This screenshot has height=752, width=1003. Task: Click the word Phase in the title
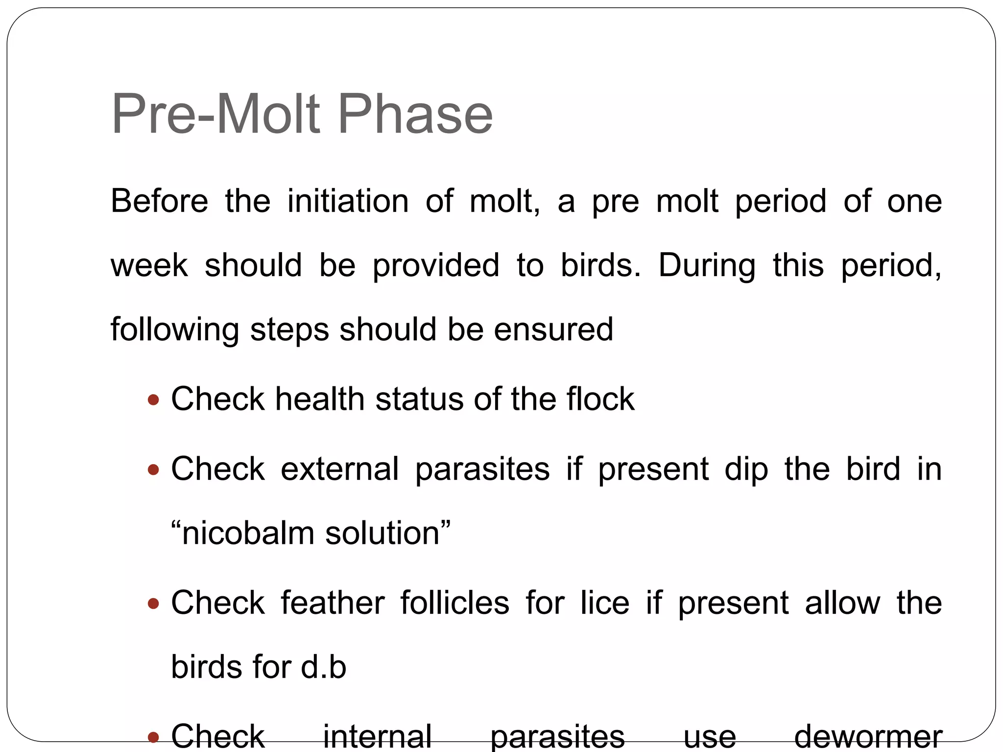[415, 115]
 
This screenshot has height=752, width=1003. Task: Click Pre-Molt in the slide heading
[215, 115]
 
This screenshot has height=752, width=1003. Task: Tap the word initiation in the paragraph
[348, 201]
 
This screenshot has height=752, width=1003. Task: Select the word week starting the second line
[149, 265]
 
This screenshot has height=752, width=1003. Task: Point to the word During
[706, 265]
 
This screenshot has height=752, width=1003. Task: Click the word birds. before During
[600, 265]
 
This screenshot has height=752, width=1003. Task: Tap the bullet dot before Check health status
[153, 400]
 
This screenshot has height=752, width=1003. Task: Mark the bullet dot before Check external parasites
[153, 470]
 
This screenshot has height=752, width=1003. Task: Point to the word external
[339, 469]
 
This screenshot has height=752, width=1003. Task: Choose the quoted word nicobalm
[247, 533]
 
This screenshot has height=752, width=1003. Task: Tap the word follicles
[454, 603]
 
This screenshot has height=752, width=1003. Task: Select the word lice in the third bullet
[605, 603]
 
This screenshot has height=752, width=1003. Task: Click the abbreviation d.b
[323, 667]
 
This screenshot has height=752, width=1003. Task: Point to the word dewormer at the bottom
[868, 737]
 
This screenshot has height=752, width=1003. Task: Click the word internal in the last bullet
[377, 737]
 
